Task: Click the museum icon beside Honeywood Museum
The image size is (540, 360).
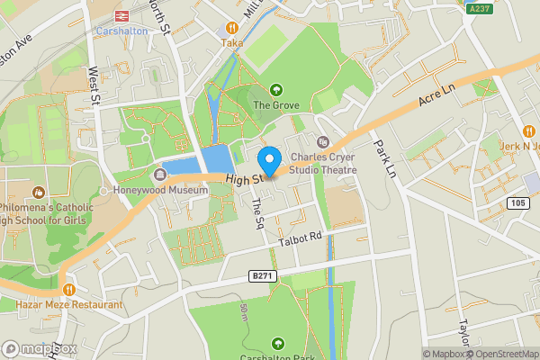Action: point(161,175)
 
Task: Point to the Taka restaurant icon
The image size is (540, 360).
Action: point(233,28)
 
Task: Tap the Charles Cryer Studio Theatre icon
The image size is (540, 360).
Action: point(323,141)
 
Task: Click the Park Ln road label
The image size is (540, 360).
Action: point(384,158)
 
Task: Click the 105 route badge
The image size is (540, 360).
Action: point(517,203)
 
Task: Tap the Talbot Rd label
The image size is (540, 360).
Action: point(301,237)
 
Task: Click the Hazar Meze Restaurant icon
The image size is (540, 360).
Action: point(9,304)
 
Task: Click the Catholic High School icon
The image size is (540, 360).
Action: point(39,192)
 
